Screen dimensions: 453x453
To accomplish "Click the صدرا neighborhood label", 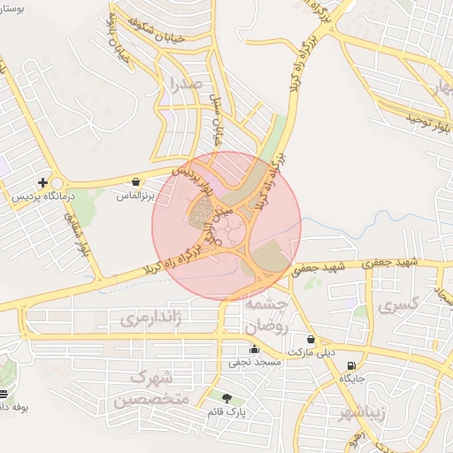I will [186, 85].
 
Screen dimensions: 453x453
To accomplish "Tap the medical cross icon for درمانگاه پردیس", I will [42, 181].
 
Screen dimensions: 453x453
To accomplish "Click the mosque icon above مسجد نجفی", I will [255, 349].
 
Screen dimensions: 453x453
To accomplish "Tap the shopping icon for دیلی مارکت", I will [311, 339].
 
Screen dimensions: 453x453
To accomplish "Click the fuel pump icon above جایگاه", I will [353, 365].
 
